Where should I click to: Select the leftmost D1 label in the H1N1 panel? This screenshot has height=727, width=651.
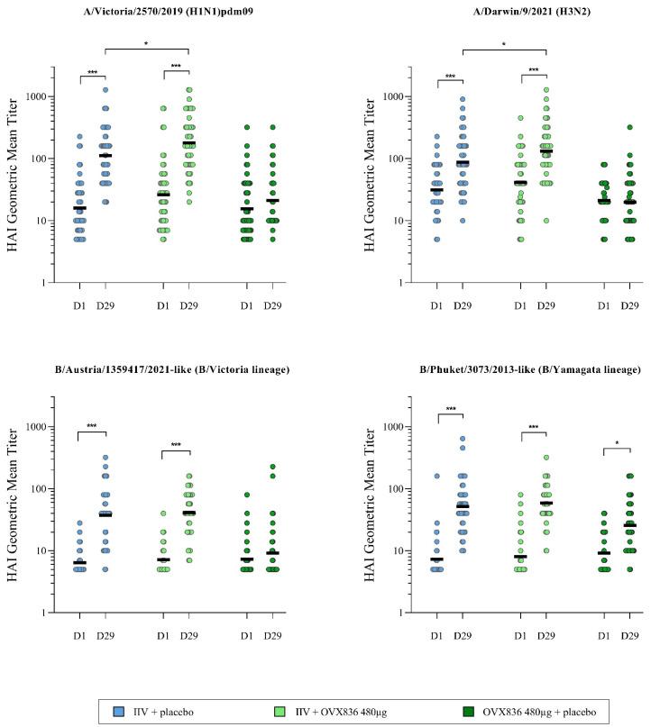pyautogui.click(x=80, y=306)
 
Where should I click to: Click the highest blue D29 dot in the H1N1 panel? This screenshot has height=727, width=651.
pyautogui.click(x=105, y=89)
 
